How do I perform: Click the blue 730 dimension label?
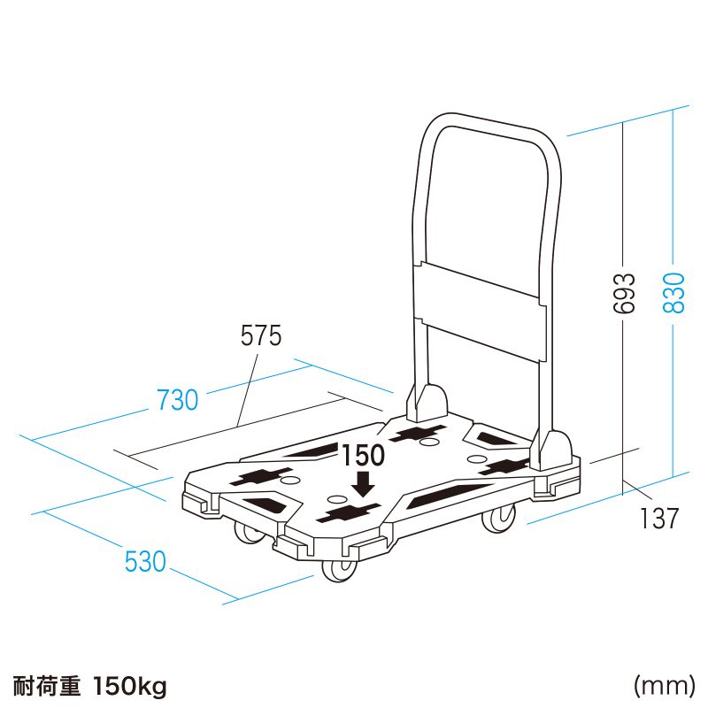pyautogui.click(x=178, y=400)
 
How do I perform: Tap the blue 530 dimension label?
pyautogui.click(x=145, y=561)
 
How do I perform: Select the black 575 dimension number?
pyautogui.click(x=261, y=335)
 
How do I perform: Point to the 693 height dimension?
pyautogui.click(x=624, y=293)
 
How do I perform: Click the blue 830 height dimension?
pyautogui.click(x=674, y=293)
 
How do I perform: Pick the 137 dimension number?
pyautogui.click(x=658, y=518)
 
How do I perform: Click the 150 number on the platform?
pyautogui.click(x=363, y=455)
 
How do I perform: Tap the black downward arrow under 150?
pyautogui.click(x=363, y=484)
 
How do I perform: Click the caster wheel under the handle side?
pyautogui.click(x=499, y=519)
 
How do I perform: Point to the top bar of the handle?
pyautogui.click(x=492, y=125)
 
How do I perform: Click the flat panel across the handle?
pyautogui.click(x=480, y=312)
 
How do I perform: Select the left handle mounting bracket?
pyautogui.click(x=427, y=403)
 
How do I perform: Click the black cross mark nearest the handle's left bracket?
pyautogui.click(x=418, y=434)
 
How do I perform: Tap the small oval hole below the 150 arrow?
pyautogui.click(x=335, y=499)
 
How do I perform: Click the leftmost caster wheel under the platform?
pyautogui.click(x=247, y=533)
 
